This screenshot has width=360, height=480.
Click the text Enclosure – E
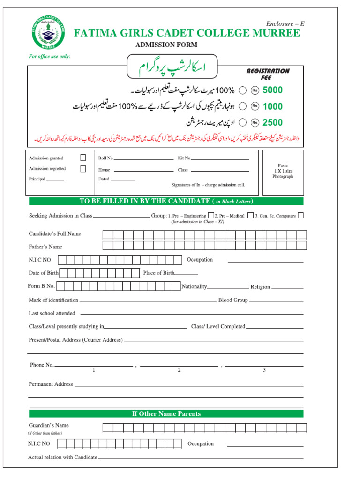point(285,23)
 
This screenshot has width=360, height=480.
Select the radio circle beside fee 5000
point(243,90)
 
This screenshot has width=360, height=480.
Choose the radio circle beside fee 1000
point(243,106)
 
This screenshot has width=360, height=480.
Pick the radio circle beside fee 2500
point(243,122)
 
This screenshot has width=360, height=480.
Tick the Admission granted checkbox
point(83,158)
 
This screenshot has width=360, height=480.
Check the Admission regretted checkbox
point(83,169)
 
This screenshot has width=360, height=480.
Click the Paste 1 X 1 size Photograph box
point(283,172)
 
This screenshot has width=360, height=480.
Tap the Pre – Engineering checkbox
point(211,215)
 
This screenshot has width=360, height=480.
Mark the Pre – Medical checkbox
point(251,215)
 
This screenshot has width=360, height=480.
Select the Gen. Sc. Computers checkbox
point(300,215)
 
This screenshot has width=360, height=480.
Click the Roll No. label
point(106,159)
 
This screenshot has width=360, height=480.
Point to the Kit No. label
point(184,159)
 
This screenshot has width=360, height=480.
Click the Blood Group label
point(233,300)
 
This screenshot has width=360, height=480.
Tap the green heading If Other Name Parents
point(166,413)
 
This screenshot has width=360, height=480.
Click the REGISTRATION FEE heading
point(268,74)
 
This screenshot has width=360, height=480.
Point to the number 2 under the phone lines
point(179,370)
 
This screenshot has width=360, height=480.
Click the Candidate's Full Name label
point(55,233)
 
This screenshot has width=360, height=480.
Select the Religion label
point(260,287)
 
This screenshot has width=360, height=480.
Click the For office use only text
point(50,56)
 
